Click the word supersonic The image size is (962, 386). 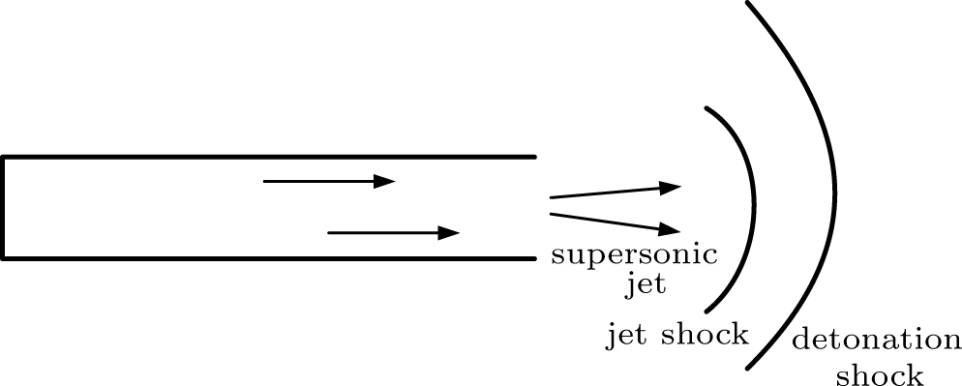click(634, 257)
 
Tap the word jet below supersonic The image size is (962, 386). click(646, 285)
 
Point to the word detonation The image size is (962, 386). click(877, 341)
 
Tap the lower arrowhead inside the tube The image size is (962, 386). click(449, 233)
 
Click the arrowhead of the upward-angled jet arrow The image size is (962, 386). click(672, 186)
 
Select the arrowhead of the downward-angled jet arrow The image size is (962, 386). click(672, 229)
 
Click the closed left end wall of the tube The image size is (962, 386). click(4, 207)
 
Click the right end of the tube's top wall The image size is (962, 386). click(533, 157)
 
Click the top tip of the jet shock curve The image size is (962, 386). click(706, 107)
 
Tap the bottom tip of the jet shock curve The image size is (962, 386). click(706, 311)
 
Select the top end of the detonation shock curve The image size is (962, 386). click(746, 3)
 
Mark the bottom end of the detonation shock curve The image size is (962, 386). click(748, 370)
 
